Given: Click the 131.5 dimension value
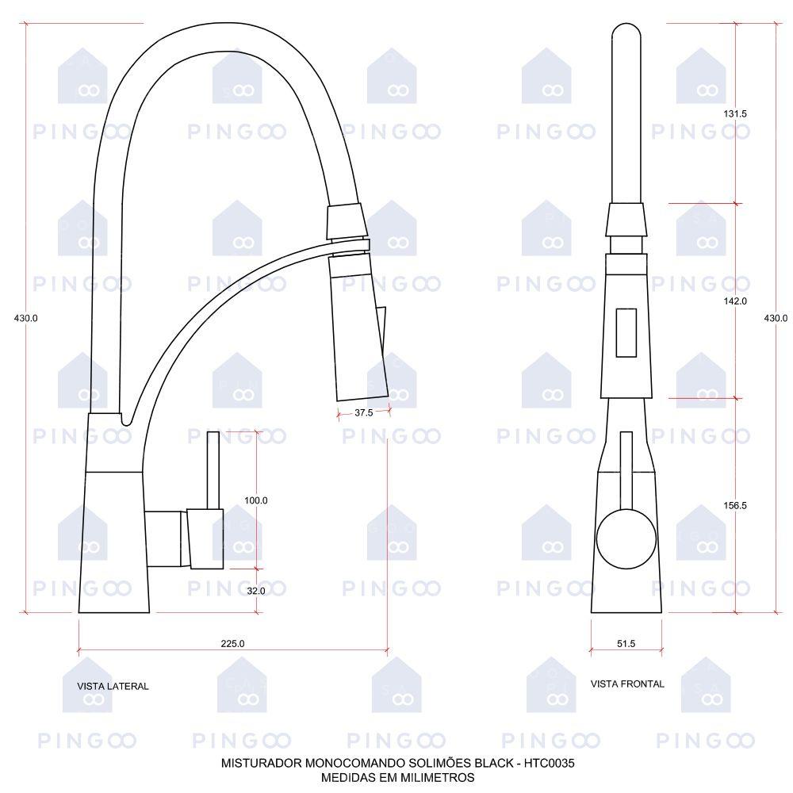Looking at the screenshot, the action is coord(735,113).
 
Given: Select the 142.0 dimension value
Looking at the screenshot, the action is coord(735,301).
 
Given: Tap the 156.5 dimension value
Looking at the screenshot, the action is coord(735,505).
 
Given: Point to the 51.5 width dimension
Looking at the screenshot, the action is coord(626,643).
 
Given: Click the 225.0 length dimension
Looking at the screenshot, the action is coord(232,643).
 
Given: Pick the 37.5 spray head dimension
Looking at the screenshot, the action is coord(364,412).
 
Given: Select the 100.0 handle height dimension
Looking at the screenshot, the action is coord(256,500).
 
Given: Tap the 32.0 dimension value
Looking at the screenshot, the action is coord(256,591).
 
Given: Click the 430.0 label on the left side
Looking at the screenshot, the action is coord(26,318).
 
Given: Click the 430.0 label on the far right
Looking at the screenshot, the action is coord(776,318).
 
